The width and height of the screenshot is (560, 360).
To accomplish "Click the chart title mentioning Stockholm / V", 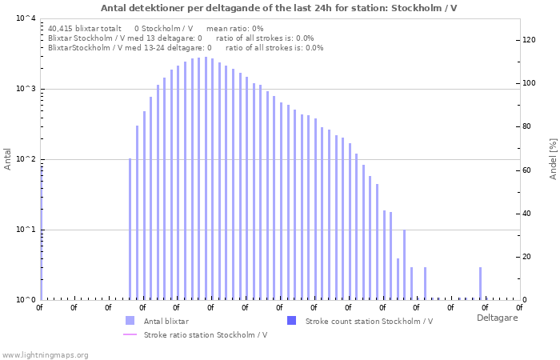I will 279,8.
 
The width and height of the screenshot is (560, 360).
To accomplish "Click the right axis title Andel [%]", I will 553,159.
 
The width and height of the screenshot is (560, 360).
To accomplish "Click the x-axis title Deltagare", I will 497,318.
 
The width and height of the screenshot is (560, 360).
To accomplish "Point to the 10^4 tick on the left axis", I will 26,18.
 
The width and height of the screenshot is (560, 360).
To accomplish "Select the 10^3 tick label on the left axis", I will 26,89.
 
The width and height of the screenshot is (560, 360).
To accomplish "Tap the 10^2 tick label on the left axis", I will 26,159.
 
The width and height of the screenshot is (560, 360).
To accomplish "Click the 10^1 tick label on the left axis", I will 26,230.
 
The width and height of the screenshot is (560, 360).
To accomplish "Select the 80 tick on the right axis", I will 528,126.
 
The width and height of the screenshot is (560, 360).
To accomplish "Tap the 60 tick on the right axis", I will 528,170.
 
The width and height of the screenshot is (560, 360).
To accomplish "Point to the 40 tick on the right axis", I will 528,214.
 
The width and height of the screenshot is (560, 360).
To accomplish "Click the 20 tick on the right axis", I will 528,257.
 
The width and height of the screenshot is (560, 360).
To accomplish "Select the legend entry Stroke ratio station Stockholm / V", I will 205,334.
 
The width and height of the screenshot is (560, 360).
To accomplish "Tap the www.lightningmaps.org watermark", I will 45,354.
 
